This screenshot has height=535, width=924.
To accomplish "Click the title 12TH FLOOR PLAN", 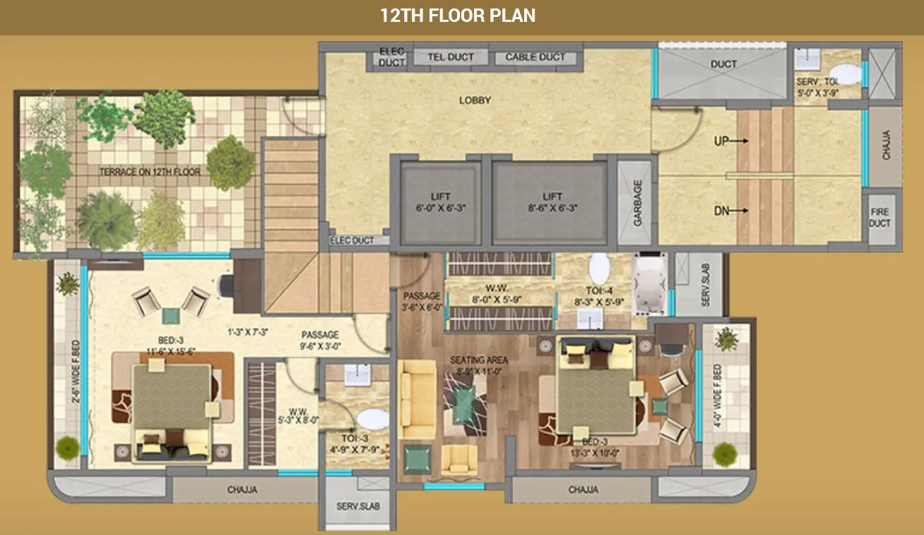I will pos(458,16).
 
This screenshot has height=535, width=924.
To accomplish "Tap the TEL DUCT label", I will pos(450,57).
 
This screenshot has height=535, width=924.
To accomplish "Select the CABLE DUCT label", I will pos(535,57).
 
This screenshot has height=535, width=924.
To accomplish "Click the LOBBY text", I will pos(475,100).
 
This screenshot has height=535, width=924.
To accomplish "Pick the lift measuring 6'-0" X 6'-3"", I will pos(440,202).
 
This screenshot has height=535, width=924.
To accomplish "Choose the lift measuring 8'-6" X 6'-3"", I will pos(552,202).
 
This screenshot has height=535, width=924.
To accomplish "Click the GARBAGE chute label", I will pos(637,203).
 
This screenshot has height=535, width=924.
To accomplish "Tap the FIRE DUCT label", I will pos(881,218).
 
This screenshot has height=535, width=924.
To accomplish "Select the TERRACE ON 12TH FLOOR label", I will pos(150,172).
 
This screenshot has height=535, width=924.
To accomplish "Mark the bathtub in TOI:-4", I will pos(650,283).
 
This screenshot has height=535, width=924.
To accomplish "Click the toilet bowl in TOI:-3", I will pos(372,419).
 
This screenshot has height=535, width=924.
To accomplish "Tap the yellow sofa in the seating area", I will pos(417,399).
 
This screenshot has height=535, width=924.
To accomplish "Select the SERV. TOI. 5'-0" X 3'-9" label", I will pos(818,86).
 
